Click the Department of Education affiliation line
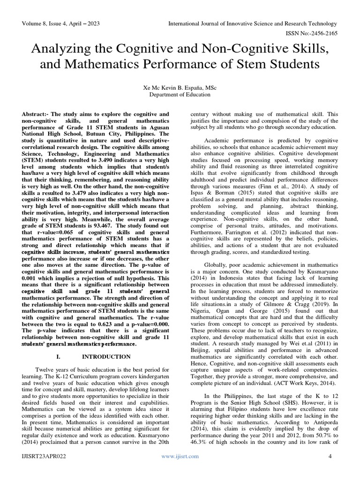click(180, 94)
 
